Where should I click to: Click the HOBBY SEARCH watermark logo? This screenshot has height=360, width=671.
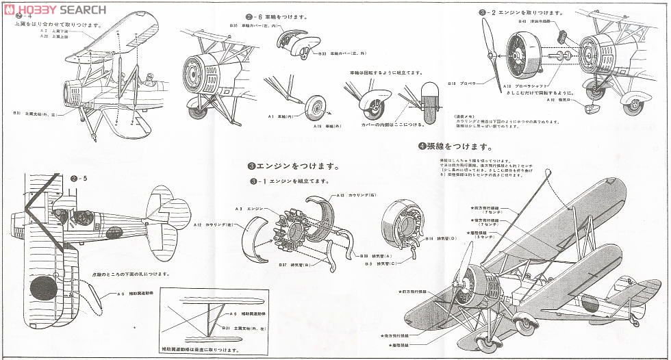coord(54,10)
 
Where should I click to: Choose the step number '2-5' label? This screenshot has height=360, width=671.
coord(81,179)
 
